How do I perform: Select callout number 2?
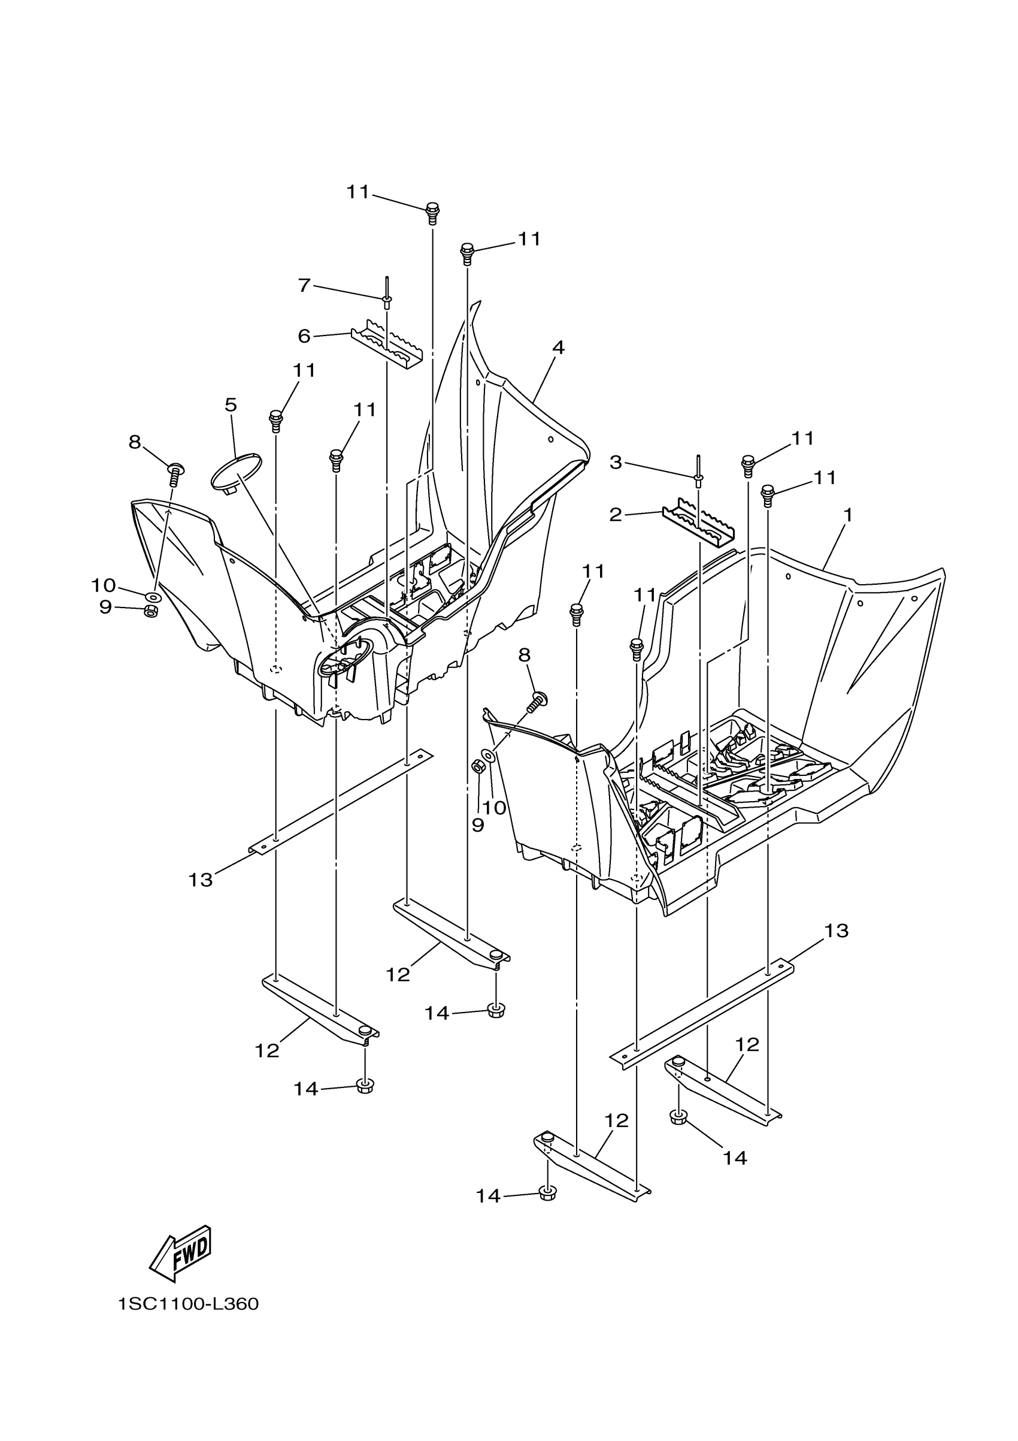tap(616, 515)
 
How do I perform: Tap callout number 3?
tap(616, 463)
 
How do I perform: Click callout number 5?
tap(231, 406)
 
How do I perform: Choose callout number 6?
tap(304, 336)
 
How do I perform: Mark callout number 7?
tap(304, 286)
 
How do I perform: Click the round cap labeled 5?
tap(235, 467)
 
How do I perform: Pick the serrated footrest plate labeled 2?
tap(699, 522)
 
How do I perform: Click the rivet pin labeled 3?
tap(698, 472)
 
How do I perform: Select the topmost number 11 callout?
tap(359, 192)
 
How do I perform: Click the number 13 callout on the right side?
tap(836, 931)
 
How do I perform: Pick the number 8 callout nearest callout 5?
tap(135, 442)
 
